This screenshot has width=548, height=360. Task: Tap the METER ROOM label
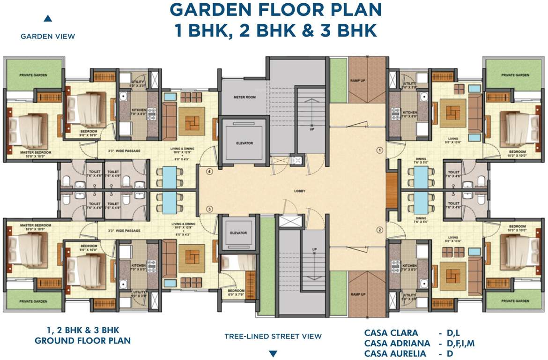tap(244, 97)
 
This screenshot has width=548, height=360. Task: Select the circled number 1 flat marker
tap(380, 150)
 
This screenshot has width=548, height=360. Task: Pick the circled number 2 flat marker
tap(380, 230)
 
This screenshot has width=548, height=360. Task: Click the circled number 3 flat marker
tap(210, 209)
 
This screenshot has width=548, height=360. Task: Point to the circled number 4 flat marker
tap(210, 172)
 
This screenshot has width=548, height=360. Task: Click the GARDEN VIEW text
tap(48, 36)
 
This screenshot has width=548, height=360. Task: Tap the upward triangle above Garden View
tap(47, 19)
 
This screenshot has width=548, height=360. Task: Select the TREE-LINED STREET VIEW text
tap(273, 336)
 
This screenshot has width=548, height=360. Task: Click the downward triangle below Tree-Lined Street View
tap(273, 353)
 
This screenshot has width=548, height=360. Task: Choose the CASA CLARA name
tap(391, 333)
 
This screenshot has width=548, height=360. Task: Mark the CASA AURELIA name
tap(396, 353)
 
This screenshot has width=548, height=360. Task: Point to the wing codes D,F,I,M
tap(461, 344)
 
